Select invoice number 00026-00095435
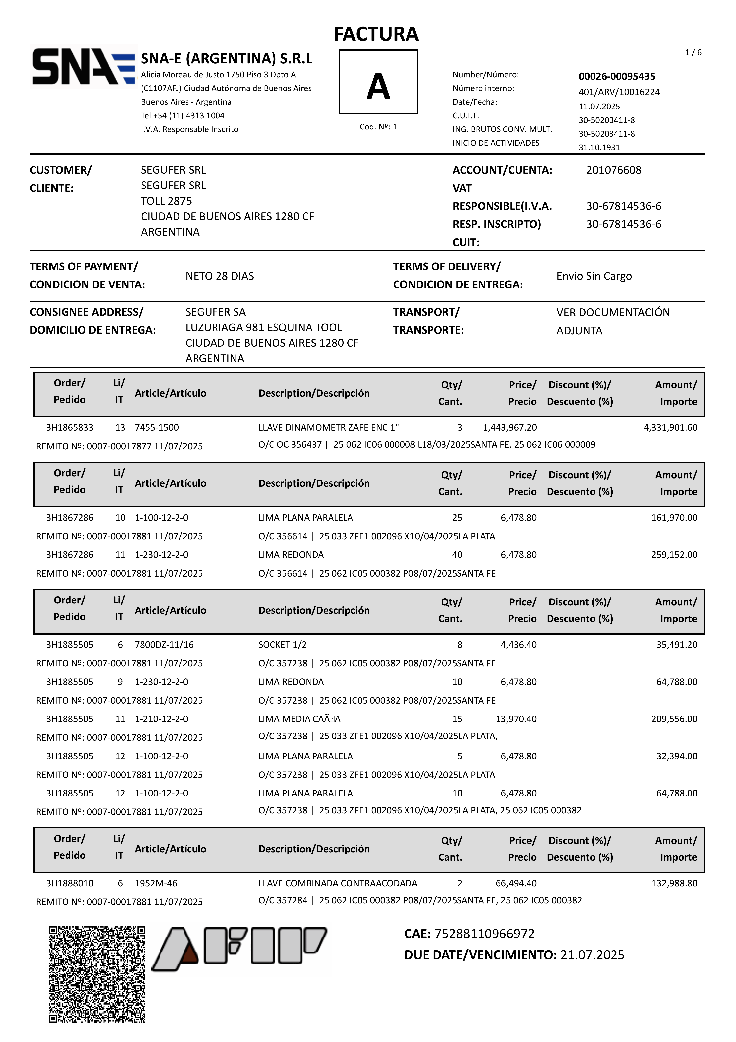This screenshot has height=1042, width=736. (617, 76)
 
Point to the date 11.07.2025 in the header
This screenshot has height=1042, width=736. (599, 106)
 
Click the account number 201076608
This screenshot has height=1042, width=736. (613, 170)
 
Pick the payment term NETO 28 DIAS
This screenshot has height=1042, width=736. (220, 276)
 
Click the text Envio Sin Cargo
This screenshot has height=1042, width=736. (594, 276)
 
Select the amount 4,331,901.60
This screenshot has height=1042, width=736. (670, 427)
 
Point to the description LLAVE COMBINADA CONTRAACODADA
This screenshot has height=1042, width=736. (338, 883)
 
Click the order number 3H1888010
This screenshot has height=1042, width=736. (70, 883)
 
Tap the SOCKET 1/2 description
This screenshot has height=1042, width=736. (282, 644)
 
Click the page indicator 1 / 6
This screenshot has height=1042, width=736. (693, 53)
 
